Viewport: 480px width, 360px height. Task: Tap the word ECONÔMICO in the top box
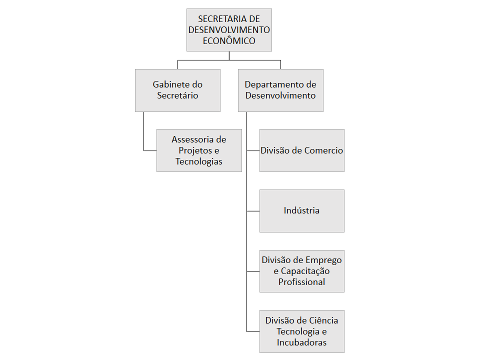click(229, 41)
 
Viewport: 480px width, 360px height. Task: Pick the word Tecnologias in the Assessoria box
click(199, 161)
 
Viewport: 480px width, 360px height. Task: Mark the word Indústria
click(301, 210)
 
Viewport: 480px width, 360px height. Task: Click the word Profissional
click(302, 282)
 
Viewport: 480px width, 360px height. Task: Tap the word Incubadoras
click(302, 342)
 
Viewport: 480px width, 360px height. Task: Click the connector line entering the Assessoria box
click(150, 150)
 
